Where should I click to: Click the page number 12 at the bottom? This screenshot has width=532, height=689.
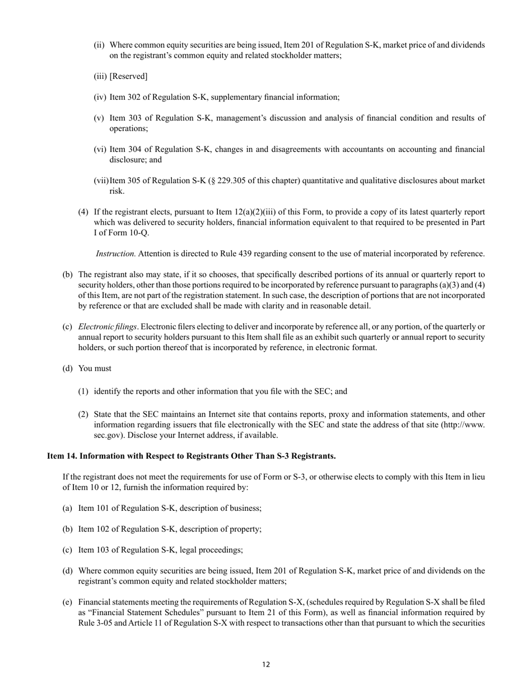[265, 665]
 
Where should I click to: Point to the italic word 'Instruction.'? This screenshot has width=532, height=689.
[115, 254]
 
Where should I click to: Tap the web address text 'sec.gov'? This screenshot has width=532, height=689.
[106, 435]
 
